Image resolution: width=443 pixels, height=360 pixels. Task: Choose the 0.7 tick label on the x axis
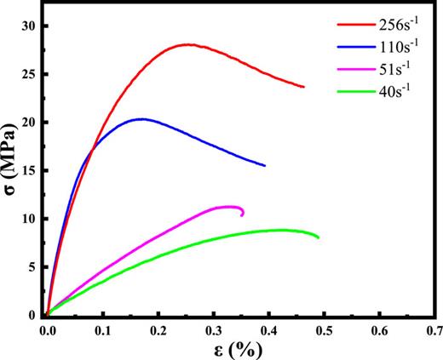coord(434,328)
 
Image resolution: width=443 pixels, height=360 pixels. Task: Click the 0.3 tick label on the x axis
coord(214,328)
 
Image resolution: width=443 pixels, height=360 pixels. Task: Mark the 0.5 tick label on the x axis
coord(325,328)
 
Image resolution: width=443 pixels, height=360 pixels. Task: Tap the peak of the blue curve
coord(141,119)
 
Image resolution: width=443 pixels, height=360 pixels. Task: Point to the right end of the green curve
coord(319,237)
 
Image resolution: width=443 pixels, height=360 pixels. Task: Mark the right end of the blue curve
coord(264,165)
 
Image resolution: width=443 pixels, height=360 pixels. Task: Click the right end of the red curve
coord(303,87)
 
